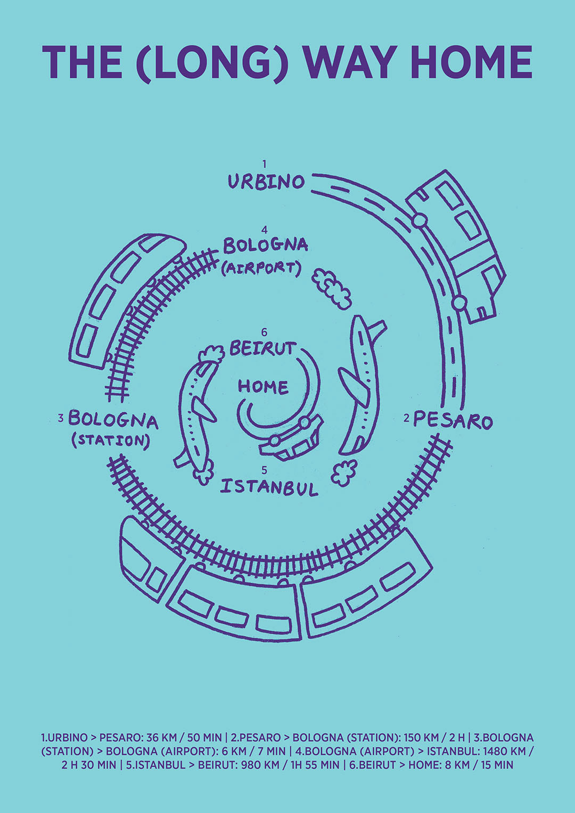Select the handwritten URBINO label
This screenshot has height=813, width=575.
(266, 182)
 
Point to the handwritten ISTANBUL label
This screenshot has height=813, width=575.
(269, 487)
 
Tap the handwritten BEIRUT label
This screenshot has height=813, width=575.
(262, 349)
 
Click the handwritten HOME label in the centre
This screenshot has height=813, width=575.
(263, 386)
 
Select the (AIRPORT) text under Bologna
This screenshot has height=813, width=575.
(261, 268)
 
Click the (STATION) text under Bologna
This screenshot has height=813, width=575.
(110, 440)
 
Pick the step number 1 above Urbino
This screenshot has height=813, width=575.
(264, 164)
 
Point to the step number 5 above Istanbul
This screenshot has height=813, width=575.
(265, 470)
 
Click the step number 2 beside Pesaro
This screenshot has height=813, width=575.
(406, 419)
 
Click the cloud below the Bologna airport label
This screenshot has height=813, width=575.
(332, 288)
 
